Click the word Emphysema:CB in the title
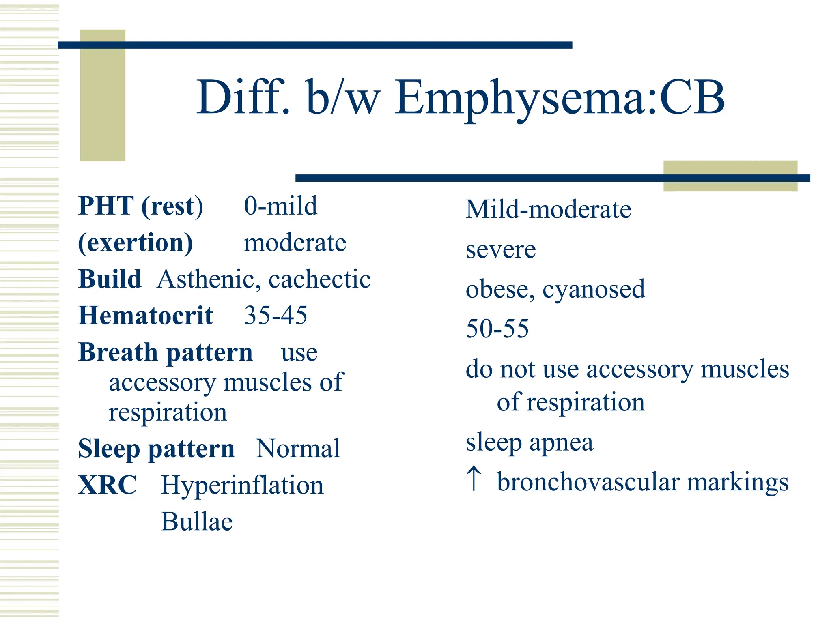560,97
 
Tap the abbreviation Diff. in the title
243,97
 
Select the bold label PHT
106,206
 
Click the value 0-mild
280,206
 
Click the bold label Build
110,279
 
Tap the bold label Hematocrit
146,316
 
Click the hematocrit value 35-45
276,316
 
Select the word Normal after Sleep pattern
298,449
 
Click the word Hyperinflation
242,485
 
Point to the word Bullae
197,522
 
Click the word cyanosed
593,289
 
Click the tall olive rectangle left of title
103,95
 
